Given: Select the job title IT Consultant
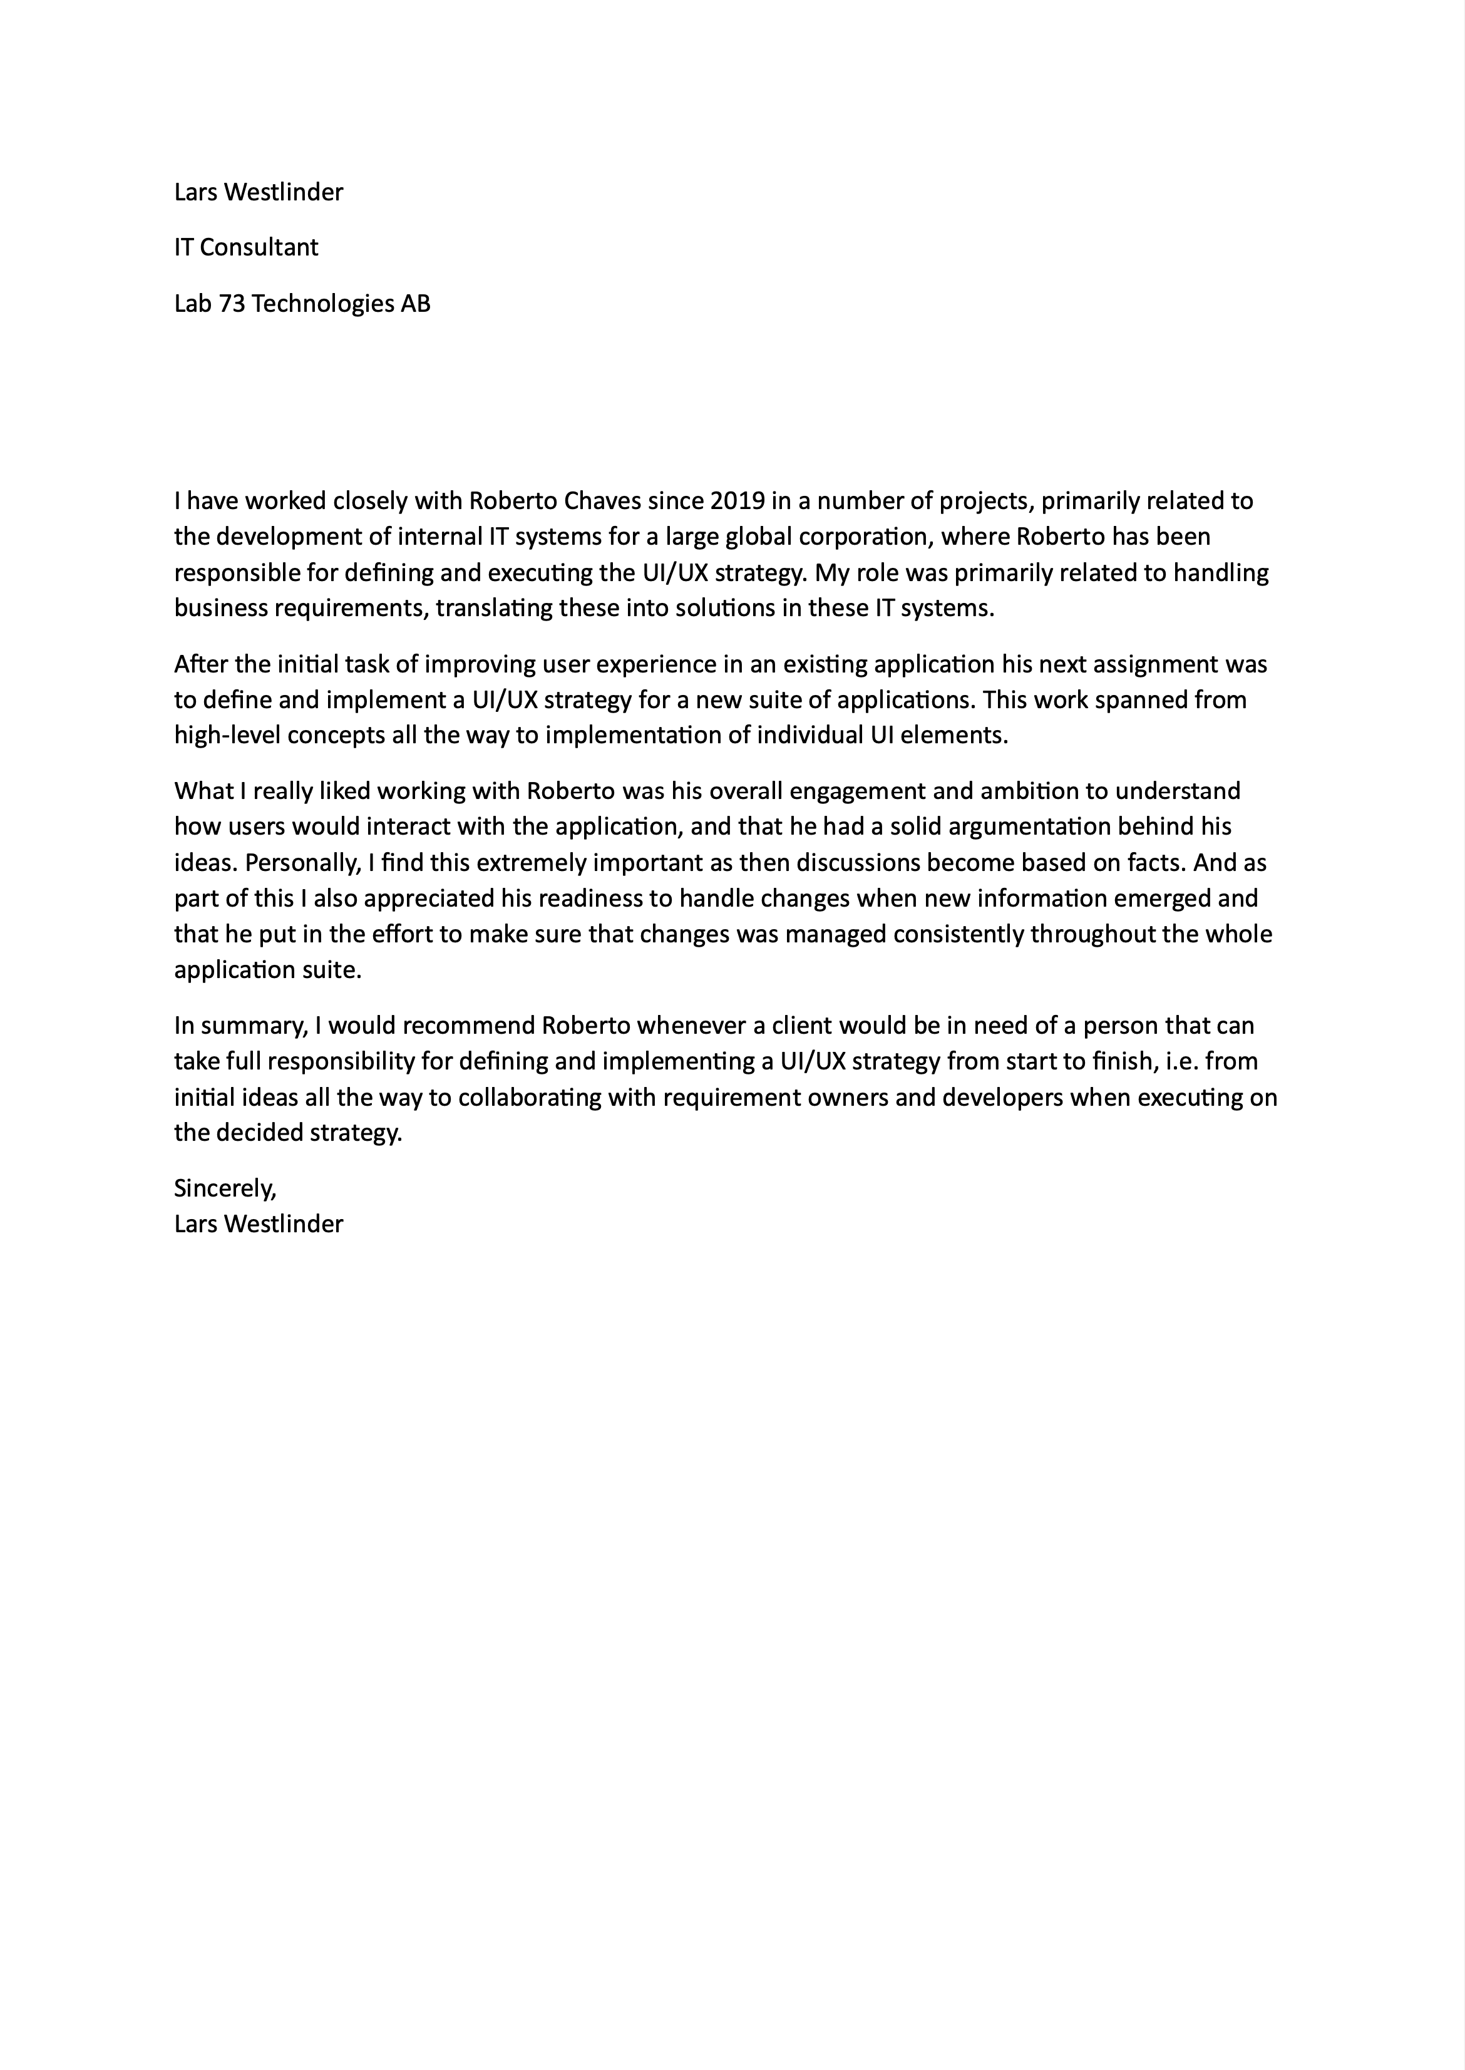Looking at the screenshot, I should (x=245, y=247).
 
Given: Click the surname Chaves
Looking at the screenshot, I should (x=602, y=500).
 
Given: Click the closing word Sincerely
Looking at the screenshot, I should (x=225, y=1189).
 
